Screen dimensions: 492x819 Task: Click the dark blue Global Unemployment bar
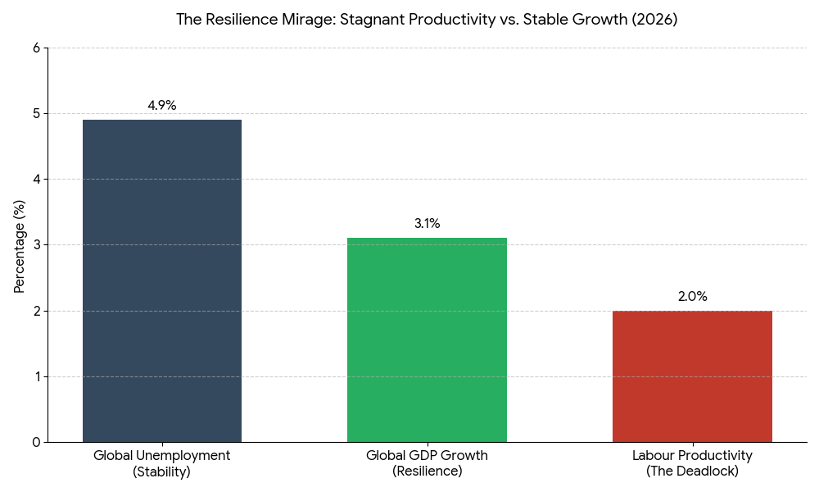162,280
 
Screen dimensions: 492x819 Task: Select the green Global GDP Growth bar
427,339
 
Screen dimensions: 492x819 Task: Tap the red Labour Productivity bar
692,376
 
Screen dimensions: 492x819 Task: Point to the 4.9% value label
162,106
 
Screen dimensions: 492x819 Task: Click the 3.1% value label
427,224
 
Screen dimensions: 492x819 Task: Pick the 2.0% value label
692,296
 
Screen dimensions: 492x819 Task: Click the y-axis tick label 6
36,48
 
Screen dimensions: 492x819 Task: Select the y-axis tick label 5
36,114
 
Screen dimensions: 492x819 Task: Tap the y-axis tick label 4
36,180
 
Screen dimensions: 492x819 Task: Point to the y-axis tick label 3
36,245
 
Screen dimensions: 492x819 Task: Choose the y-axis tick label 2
36,311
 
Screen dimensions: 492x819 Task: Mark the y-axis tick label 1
36,376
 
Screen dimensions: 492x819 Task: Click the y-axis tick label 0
36,442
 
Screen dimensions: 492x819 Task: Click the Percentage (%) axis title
20,245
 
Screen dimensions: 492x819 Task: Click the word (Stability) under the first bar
162,471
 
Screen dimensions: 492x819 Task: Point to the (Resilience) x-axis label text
427,471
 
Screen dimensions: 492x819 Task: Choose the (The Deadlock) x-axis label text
692,471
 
